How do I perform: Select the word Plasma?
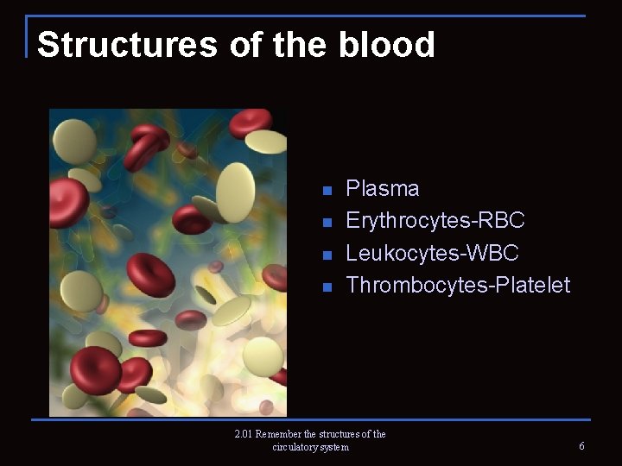click(x=382, y=189)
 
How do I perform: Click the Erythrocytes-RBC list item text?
click(x=435, y=221)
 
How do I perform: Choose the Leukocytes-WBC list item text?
click(x=432, y=253)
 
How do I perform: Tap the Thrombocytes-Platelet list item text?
click(x=458, y=285)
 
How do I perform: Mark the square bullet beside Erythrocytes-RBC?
click(x=327, y=223)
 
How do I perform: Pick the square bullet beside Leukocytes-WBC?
click(x=327, y=255)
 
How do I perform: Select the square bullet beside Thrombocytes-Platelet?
click(x=327, y=287)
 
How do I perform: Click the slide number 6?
click(x=581, y=446)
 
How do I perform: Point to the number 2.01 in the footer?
click(x=245, y=434)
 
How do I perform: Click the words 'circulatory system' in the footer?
click(x=310, y=447)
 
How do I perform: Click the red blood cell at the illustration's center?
click(x=150, y=274)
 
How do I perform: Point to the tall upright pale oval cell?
click(x=235, y=191)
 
